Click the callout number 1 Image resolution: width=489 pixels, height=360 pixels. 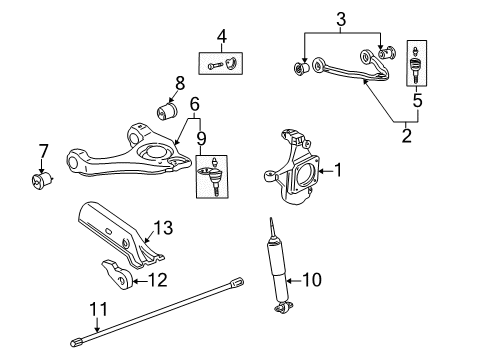338,171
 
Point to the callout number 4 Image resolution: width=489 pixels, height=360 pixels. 221,38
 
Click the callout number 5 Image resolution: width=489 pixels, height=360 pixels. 417,100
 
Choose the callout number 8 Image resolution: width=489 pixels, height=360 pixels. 180,82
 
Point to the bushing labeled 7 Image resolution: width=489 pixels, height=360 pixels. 42,183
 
